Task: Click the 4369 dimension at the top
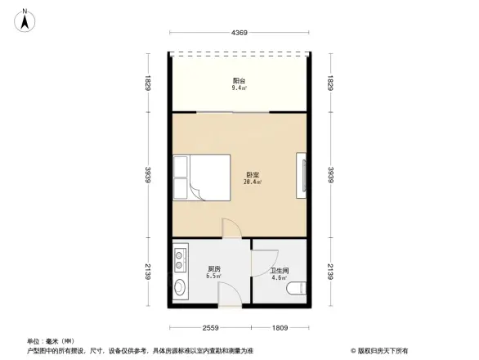pyautogui.click(x=238, y=33)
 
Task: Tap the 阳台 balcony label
pyautogui.click(x=239, y=80)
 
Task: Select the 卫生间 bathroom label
pyautogui.click(x=279, y=271)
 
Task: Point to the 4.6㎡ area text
pyautogui.click(x=279, y=279)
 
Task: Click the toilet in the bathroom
pyautogui.click(x=300, y=286)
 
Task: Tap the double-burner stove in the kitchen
pyautogui.click(x=178, y=262)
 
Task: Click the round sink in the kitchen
pyautogui.click(x=178, y=287)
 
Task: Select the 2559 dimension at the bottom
pyautogui.click(x=210, y=327)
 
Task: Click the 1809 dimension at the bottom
pyautogui.click(x=280, y=327)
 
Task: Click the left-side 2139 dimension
pyautogui.click(x=148, y=272)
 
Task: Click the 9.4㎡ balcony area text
pyautogui.click(x=239, y=88)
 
